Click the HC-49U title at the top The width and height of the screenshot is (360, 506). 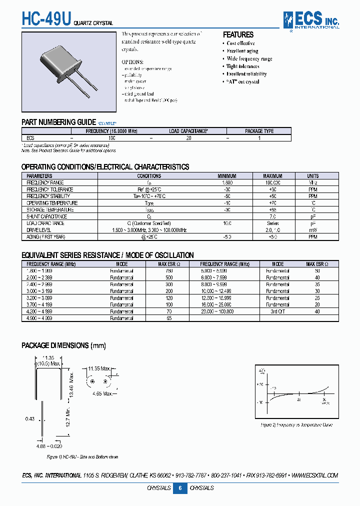pyautogui.click(x=46, y=19)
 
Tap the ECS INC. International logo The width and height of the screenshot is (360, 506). pyautogui.click(x=311, y=20)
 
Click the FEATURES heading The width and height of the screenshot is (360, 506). pyautogui.click(x=238, y=34)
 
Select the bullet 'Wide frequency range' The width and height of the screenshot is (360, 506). pyautogui.click(x=249, y=58)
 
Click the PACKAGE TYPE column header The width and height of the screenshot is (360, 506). pyautogui.click(x=259, y=131)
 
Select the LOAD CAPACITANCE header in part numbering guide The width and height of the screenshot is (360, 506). pyautogui.click(x=188, y=131)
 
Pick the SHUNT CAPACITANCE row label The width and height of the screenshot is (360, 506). pyautogui.click(x=46, y=216)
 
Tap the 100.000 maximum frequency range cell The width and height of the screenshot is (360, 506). pyautogui.click(x=272, y=183)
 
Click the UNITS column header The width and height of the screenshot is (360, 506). pyautogui.click(x=313, y=176)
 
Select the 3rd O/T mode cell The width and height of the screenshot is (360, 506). pyautogui.click(x=277, y=311)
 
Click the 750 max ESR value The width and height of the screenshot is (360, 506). pyautogui.click(x=169, y=270)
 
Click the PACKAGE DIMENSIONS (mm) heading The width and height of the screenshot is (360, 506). pyautogui.click(x=63, y=345)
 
